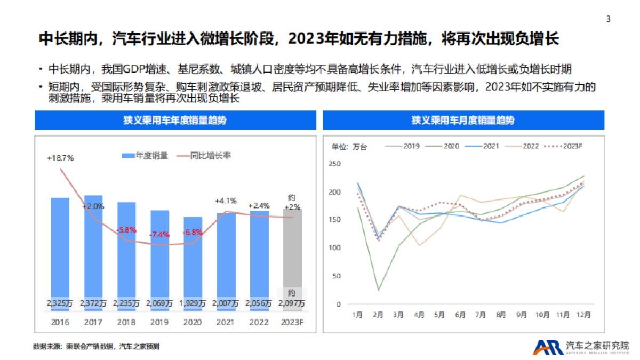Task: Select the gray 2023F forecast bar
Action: [x=292, y=251]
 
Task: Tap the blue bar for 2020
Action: [x=193, y=256]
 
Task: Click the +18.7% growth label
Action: [x=60, y=158]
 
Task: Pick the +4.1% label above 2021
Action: [x=226, y=201]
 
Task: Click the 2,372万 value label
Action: [x=93, y=303]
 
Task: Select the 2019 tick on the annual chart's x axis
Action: [x=159, y=322]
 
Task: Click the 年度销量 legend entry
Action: [x=145, y=156]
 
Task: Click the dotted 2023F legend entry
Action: [x=565, y=146]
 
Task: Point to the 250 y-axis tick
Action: [x=334, y=164]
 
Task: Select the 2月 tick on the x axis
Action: [x=378, y=315]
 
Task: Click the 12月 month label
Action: [x=583, y=315]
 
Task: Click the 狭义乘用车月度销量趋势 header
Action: [x=463, y=121]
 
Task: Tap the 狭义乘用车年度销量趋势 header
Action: [x=175, y=121]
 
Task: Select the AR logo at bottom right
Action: [x=547, y=347]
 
